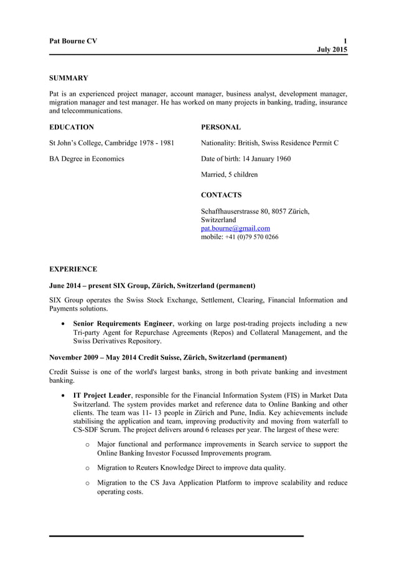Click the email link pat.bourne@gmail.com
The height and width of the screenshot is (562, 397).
tap(235, 228)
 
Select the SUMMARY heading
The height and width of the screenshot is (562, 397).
tap(68, 78)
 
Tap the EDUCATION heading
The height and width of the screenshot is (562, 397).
tap(72, 127)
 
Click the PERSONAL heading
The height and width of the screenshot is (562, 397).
tap(221, 127)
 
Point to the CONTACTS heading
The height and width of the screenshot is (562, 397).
tap(222, 195)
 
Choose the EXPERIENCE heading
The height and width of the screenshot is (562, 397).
tap(73, 269)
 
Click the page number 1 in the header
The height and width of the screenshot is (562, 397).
tap(345, 41)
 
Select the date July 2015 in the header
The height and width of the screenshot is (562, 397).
tap(332, 49)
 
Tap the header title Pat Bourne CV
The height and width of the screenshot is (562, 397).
tap(73, 41)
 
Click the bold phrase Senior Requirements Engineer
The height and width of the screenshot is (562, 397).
tap(122, 324)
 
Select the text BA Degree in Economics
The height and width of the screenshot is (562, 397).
tap(86, 159)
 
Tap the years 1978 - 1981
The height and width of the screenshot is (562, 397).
tap(154, 143)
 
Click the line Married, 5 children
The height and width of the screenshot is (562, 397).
tap(229, 174)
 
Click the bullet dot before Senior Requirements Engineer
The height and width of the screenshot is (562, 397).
tap(63, 324)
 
